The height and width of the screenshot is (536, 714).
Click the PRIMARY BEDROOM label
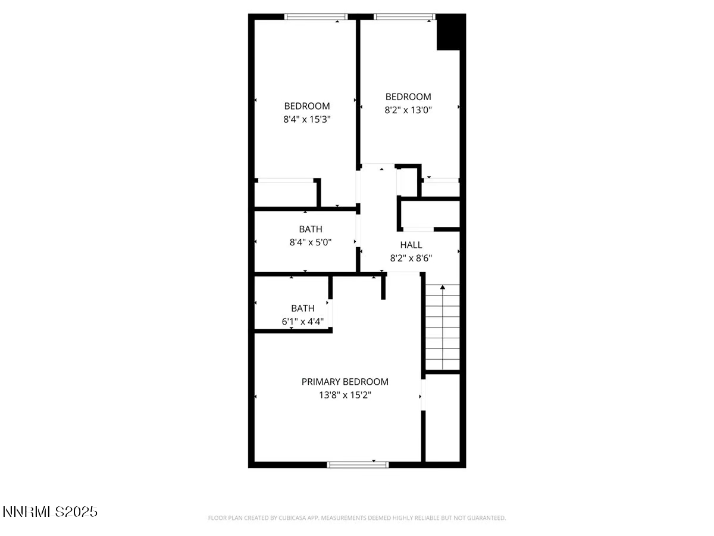[345, 382]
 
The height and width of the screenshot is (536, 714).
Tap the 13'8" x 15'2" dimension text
[345, 395]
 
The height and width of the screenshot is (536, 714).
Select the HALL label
[411, 245]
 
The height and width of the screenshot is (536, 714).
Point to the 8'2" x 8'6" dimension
[411, 258]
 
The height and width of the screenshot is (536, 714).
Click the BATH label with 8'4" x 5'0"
[310, 229]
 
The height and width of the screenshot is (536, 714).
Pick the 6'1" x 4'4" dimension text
[302, 322]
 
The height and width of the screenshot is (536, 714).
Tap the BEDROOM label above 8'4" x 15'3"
[306, 106]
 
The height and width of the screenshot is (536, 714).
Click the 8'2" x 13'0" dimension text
[408, 110]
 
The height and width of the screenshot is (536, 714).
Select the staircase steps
[443, 328]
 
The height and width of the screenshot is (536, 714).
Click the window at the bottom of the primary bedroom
[358, 464]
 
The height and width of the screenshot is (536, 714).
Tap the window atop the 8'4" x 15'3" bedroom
[316, 17]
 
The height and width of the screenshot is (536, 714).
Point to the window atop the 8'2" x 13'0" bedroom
[405, 17]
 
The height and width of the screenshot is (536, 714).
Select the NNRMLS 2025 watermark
[50, 512]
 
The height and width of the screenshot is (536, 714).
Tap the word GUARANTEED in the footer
[486, 518]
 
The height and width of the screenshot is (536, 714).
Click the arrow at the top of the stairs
[442, 288]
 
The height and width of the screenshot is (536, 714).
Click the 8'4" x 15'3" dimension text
[306, 119]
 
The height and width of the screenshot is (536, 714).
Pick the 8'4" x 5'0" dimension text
[310, 242]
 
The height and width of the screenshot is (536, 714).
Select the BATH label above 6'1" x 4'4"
[302, 308]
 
